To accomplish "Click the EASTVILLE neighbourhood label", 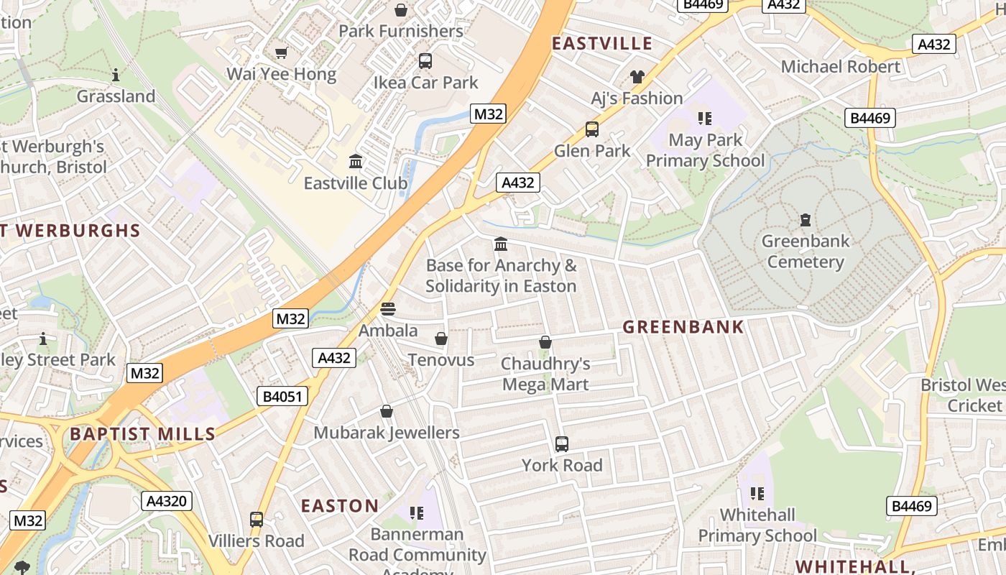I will click(601, 43).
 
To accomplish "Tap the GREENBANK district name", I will click(683, 327).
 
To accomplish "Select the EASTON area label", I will click(339, 506).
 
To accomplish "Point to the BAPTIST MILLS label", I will click(142, 434).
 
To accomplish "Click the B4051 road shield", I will click(282, 396).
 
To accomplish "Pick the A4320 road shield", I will click(167, 501).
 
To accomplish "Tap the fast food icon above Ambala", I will click(388, 309).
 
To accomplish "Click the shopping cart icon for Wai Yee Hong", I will click(282, 52).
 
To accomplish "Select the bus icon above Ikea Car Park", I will click(425, 61).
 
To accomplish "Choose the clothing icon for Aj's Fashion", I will click(637, 76).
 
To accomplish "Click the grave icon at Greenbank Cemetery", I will click(806, 219).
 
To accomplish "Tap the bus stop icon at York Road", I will click(562, 444).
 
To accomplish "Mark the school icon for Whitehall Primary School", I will click(757, 494).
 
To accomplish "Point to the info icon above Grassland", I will click(116, 75).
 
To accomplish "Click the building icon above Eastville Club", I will click(356, 162).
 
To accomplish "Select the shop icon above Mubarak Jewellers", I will click(387, 411).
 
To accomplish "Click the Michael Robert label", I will click(840, 67).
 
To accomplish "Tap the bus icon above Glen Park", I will click(592, 129).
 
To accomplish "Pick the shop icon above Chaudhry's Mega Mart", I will click(545, 342).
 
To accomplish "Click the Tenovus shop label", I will click(441, 359).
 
